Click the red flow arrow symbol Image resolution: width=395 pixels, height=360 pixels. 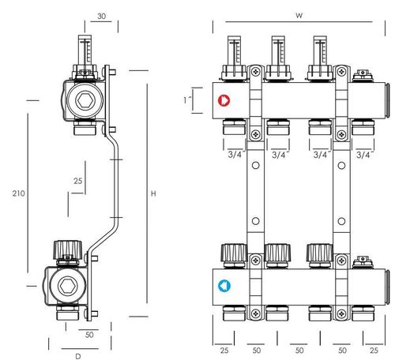click(x=224, y=100)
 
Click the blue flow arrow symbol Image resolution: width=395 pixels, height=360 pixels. click(x=224, y=286)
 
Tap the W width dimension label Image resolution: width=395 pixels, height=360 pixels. click(x=299, y=15)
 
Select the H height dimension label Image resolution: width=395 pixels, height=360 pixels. click(x=153, y=193)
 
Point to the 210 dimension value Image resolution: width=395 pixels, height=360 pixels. click(x=18, y=193)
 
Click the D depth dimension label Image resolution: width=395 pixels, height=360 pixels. click(x=78, y=356)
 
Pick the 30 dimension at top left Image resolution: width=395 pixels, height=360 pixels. click(x=101, y=17)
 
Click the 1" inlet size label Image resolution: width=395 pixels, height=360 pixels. click(x=187, y=100)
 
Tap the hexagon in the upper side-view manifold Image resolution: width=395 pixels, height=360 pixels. click(x=85, y=100)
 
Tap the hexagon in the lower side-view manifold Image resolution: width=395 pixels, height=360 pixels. click(x=68, y=286)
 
